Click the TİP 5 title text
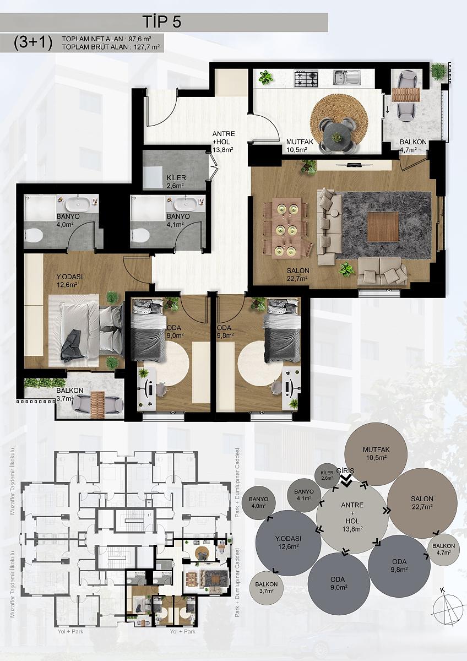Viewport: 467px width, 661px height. tap(162, 22)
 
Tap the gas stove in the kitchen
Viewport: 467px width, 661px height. tap(307, 78)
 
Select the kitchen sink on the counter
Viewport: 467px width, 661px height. tap(346, 77)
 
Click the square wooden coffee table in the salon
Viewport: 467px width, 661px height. tap(383, 226)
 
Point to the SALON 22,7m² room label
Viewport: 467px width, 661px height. tap(298, 274)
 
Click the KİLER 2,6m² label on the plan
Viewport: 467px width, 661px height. tap(176, 181)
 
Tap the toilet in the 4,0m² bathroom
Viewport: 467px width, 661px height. tap(34, 236)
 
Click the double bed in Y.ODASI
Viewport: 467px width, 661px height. tap(92, 332)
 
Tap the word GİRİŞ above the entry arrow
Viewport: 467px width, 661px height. tap(347, 470)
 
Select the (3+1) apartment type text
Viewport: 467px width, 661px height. tap(33, 43)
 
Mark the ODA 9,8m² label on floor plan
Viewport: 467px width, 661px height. tap(225, 332)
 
